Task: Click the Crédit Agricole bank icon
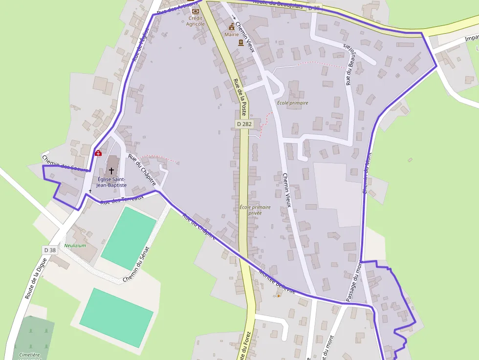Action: click(196, 11)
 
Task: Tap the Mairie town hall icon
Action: click(232, 26)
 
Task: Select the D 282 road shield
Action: click(244, 124)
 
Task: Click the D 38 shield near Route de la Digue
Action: click(50, 250)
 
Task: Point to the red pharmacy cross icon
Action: click(98, 153)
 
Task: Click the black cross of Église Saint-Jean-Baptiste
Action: click(112, 170)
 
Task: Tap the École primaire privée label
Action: click(255, 210)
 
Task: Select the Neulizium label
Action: click(75, 246)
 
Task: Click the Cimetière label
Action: click(29, 355)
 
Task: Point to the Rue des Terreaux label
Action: click(122, 199)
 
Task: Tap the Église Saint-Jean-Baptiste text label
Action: click(112, 182)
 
